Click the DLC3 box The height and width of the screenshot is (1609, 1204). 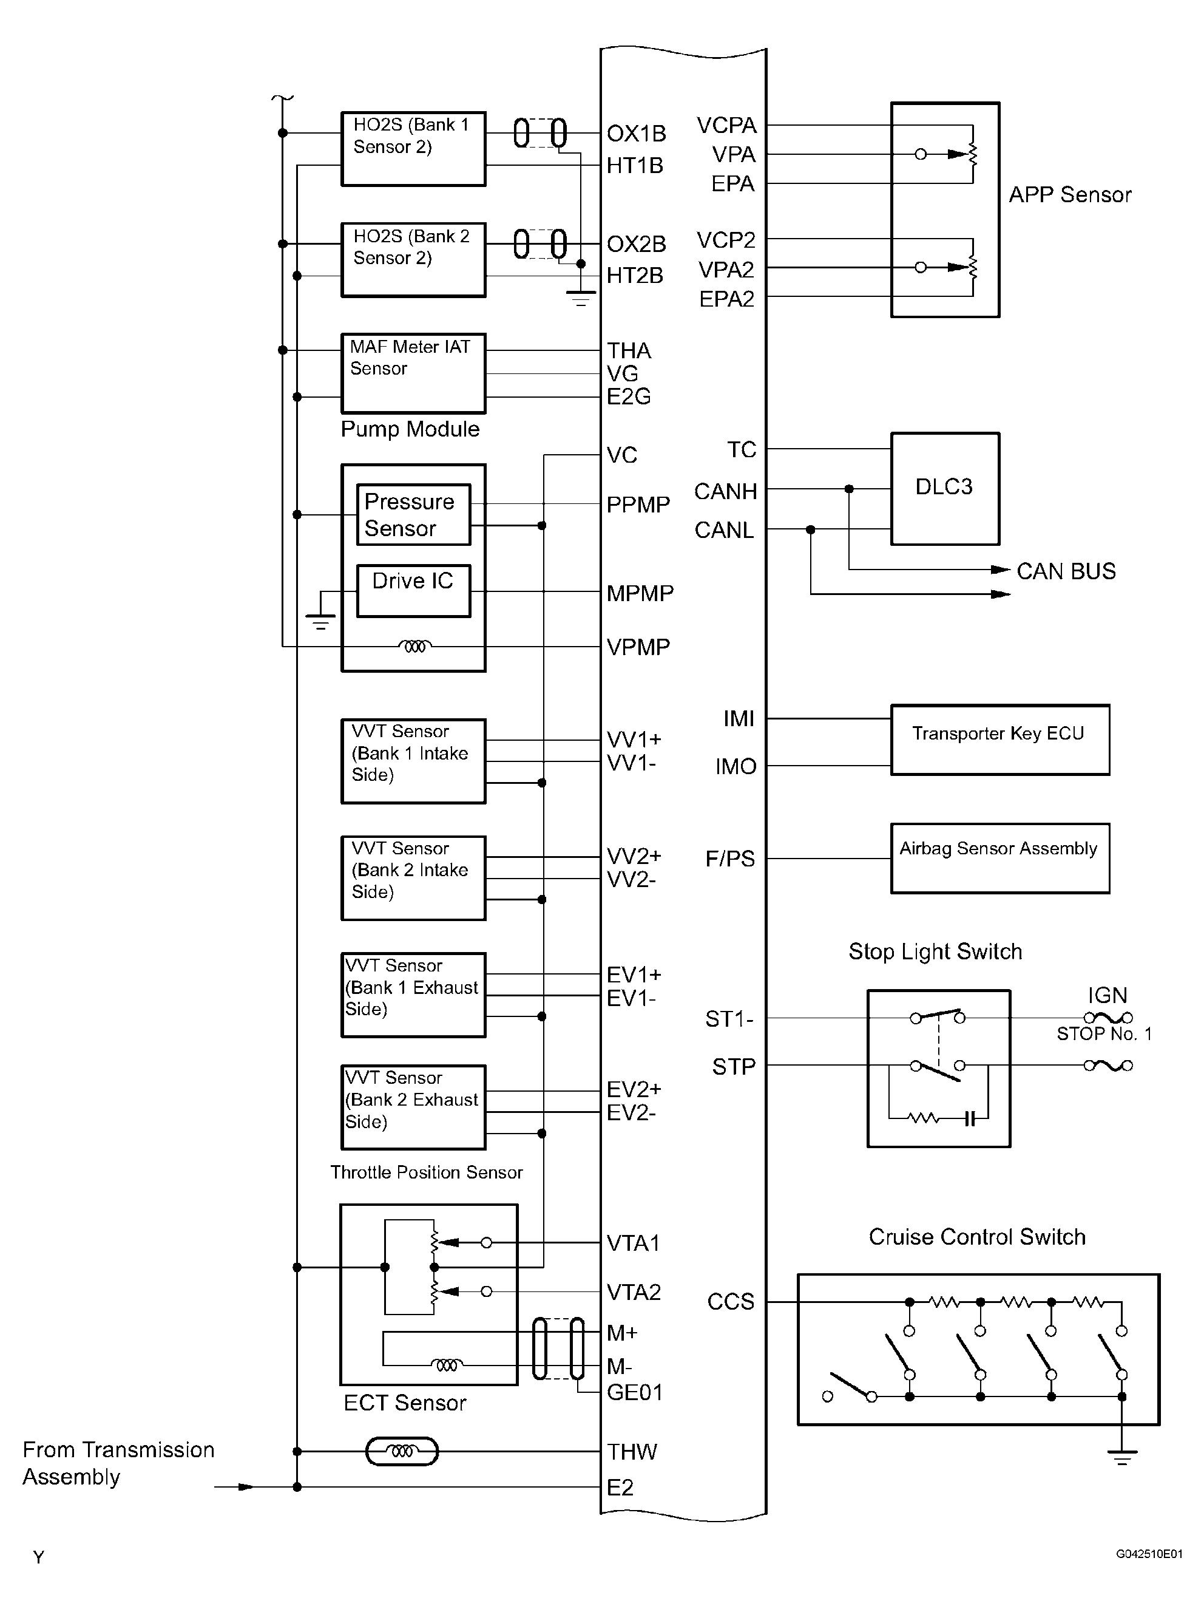[944, 489]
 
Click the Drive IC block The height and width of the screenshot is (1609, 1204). [413, 591]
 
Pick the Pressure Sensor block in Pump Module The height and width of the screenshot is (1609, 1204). [413, 514]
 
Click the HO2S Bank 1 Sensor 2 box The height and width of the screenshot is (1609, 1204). [413, 149]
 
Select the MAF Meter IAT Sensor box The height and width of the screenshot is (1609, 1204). [413, 373]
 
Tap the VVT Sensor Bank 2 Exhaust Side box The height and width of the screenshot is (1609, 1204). [413, 1107]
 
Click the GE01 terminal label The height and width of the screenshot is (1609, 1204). [635, 1392]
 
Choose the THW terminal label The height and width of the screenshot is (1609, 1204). [632, 1452]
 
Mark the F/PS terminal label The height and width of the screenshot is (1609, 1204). [730, 859]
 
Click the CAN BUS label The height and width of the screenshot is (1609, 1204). [1066, 571]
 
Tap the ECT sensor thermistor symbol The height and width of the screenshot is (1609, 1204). [401, 1451]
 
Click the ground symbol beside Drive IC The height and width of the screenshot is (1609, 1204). [320, 622]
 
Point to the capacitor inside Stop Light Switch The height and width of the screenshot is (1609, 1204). [969, 1119]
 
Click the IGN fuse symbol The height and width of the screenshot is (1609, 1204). [1108, 1018]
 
